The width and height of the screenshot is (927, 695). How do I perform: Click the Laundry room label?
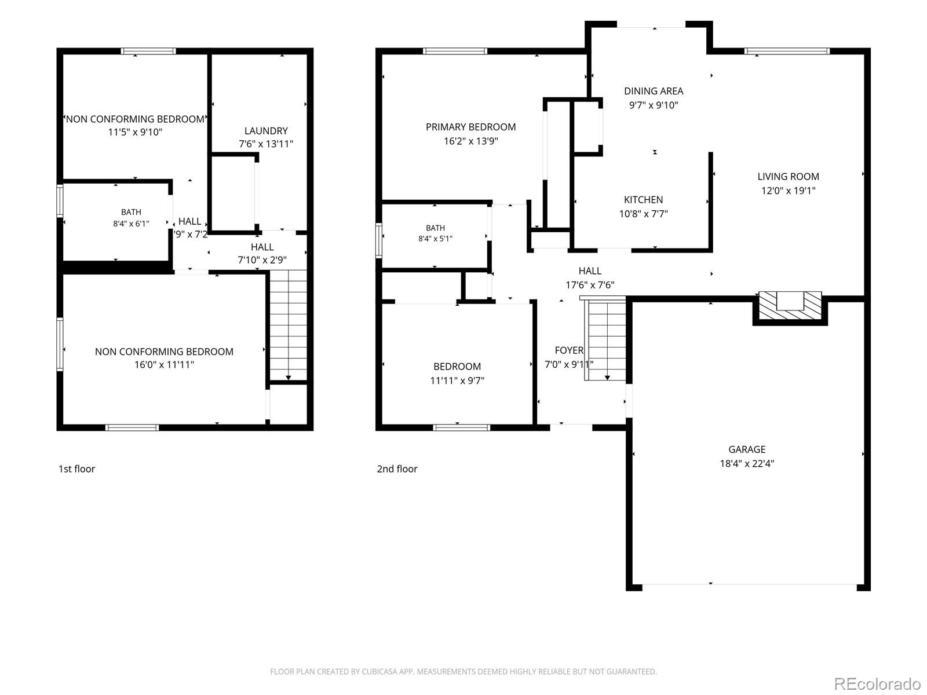(265, 131)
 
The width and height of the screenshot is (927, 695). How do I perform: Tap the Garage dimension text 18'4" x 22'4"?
(747, 463)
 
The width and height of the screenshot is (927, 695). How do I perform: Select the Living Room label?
(788, 177)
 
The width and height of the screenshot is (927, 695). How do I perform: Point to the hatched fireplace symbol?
(790, 306)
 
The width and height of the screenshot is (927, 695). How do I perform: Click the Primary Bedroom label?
(470, 127)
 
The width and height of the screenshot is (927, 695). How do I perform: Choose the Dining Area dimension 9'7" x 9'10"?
(654, 105)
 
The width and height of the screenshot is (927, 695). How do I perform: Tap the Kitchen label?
(643, 200)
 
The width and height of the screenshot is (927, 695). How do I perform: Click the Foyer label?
(569, 350)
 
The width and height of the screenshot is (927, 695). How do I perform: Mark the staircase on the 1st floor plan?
(288, 325)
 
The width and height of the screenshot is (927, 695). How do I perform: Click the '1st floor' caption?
(76, 469)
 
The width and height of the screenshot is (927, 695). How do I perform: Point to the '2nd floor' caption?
(397, 469)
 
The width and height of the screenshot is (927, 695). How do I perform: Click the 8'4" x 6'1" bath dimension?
(131, 224)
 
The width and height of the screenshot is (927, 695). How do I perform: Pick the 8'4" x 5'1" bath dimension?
(435, 239)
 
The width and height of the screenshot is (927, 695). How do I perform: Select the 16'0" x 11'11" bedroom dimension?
(164, 365)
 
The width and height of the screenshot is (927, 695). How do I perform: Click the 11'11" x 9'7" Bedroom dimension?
(457, 381)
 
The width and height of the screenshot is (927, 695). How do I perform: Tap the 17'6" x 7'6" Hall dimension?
(590, 286)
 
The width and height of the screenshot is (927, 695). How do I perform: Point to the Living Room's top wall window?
(787, 52)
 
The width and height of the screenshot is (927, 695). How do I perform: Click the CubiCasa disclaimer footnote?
(463, 671)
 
